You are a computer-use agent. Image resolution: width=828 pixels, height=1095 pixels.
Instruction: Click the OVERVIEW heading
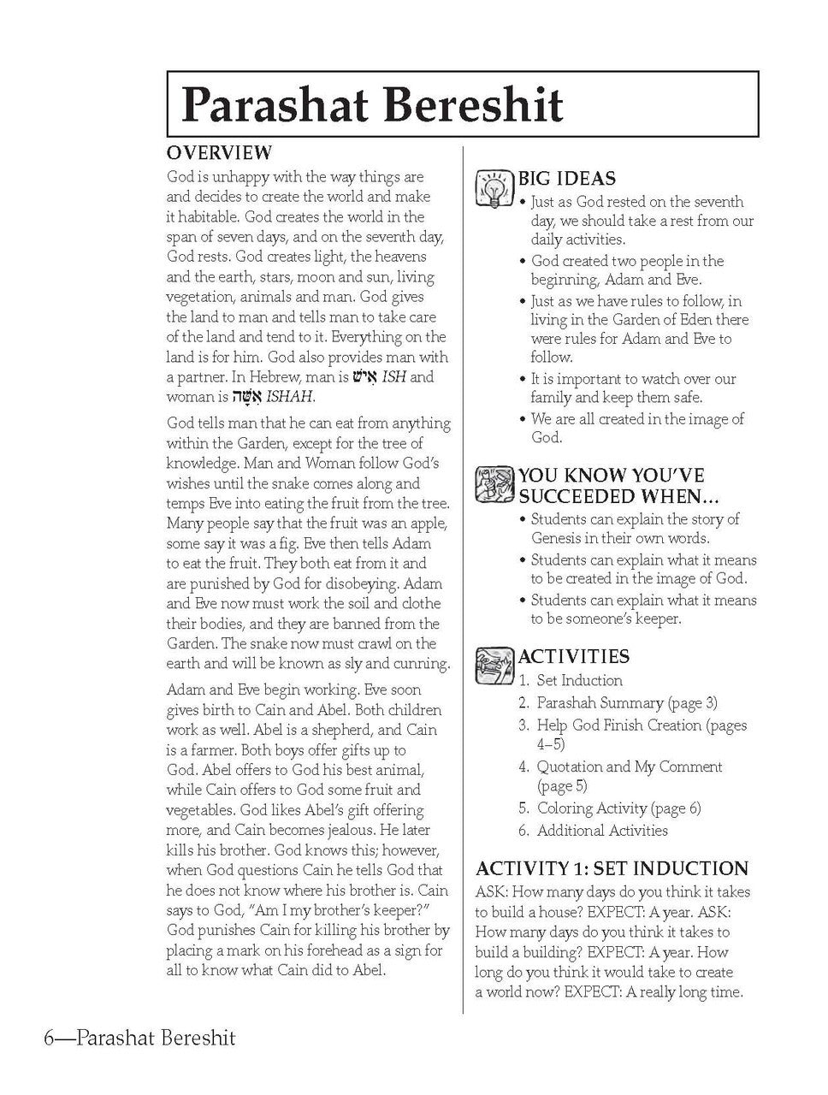click(219, 153)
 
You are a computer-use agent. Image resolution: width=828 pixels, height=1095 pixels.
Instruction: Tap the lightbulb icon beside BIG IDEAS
click(493, 187)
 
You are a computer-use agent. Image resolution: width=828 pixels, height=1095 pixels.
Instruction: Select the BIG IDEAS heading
click(566, 179)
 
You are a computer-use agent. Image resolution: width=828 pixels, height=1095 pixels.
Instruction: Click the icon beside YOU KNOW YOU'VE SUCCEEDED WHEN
click(493, 483)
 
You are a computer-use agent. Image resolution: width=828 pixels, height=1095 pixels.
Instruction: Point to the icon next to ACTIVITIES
click(493, 666)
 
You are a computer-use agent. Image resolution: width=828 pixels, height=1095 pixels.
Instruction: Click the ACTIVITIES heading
click(573, 656)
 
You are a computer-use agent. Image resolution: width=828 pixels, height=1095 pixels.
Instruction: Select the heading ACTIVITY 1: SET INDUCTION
click(612, 868)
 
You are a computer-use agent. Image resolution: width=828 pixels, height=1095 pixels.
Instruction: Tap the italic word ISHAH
click(289, 397)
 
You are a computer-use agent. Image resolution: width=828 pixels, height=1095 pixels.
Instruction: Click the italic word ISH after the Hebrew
click(394, 377)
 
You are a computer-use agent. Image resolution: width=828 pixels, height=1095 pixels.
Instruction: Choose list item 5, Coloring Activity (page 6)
click(618, 808)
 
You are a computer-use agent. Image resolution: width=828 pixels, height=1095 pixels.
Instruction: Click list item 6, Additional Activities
click(602, 831)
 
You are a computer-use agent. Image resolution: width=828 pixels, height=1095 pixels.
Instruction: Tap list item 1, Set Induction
click(579, 681)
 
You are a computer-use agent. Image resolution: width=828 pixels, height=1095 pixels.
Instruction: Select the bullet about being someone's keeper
click(642, 609)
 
